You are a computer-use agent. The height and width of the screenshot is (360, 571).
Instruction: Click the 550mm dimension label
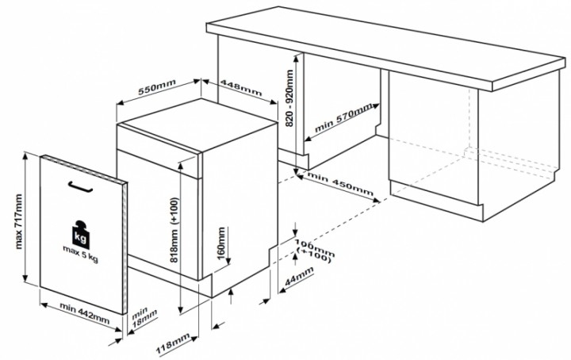[156, 90]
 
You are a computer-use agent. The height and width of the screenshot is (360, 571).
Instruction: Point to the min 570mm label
[345, 117]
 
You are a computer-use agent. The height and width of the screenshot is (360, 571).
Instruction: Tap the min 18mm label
[143, 316]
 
